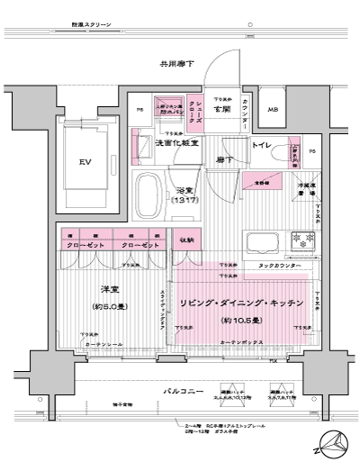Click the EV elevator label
(x=85, y=163)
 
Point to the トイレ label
(x=262, y=144)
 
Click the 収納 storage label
(x=184, y=239)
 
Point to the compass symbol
(x=333, y=441)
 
